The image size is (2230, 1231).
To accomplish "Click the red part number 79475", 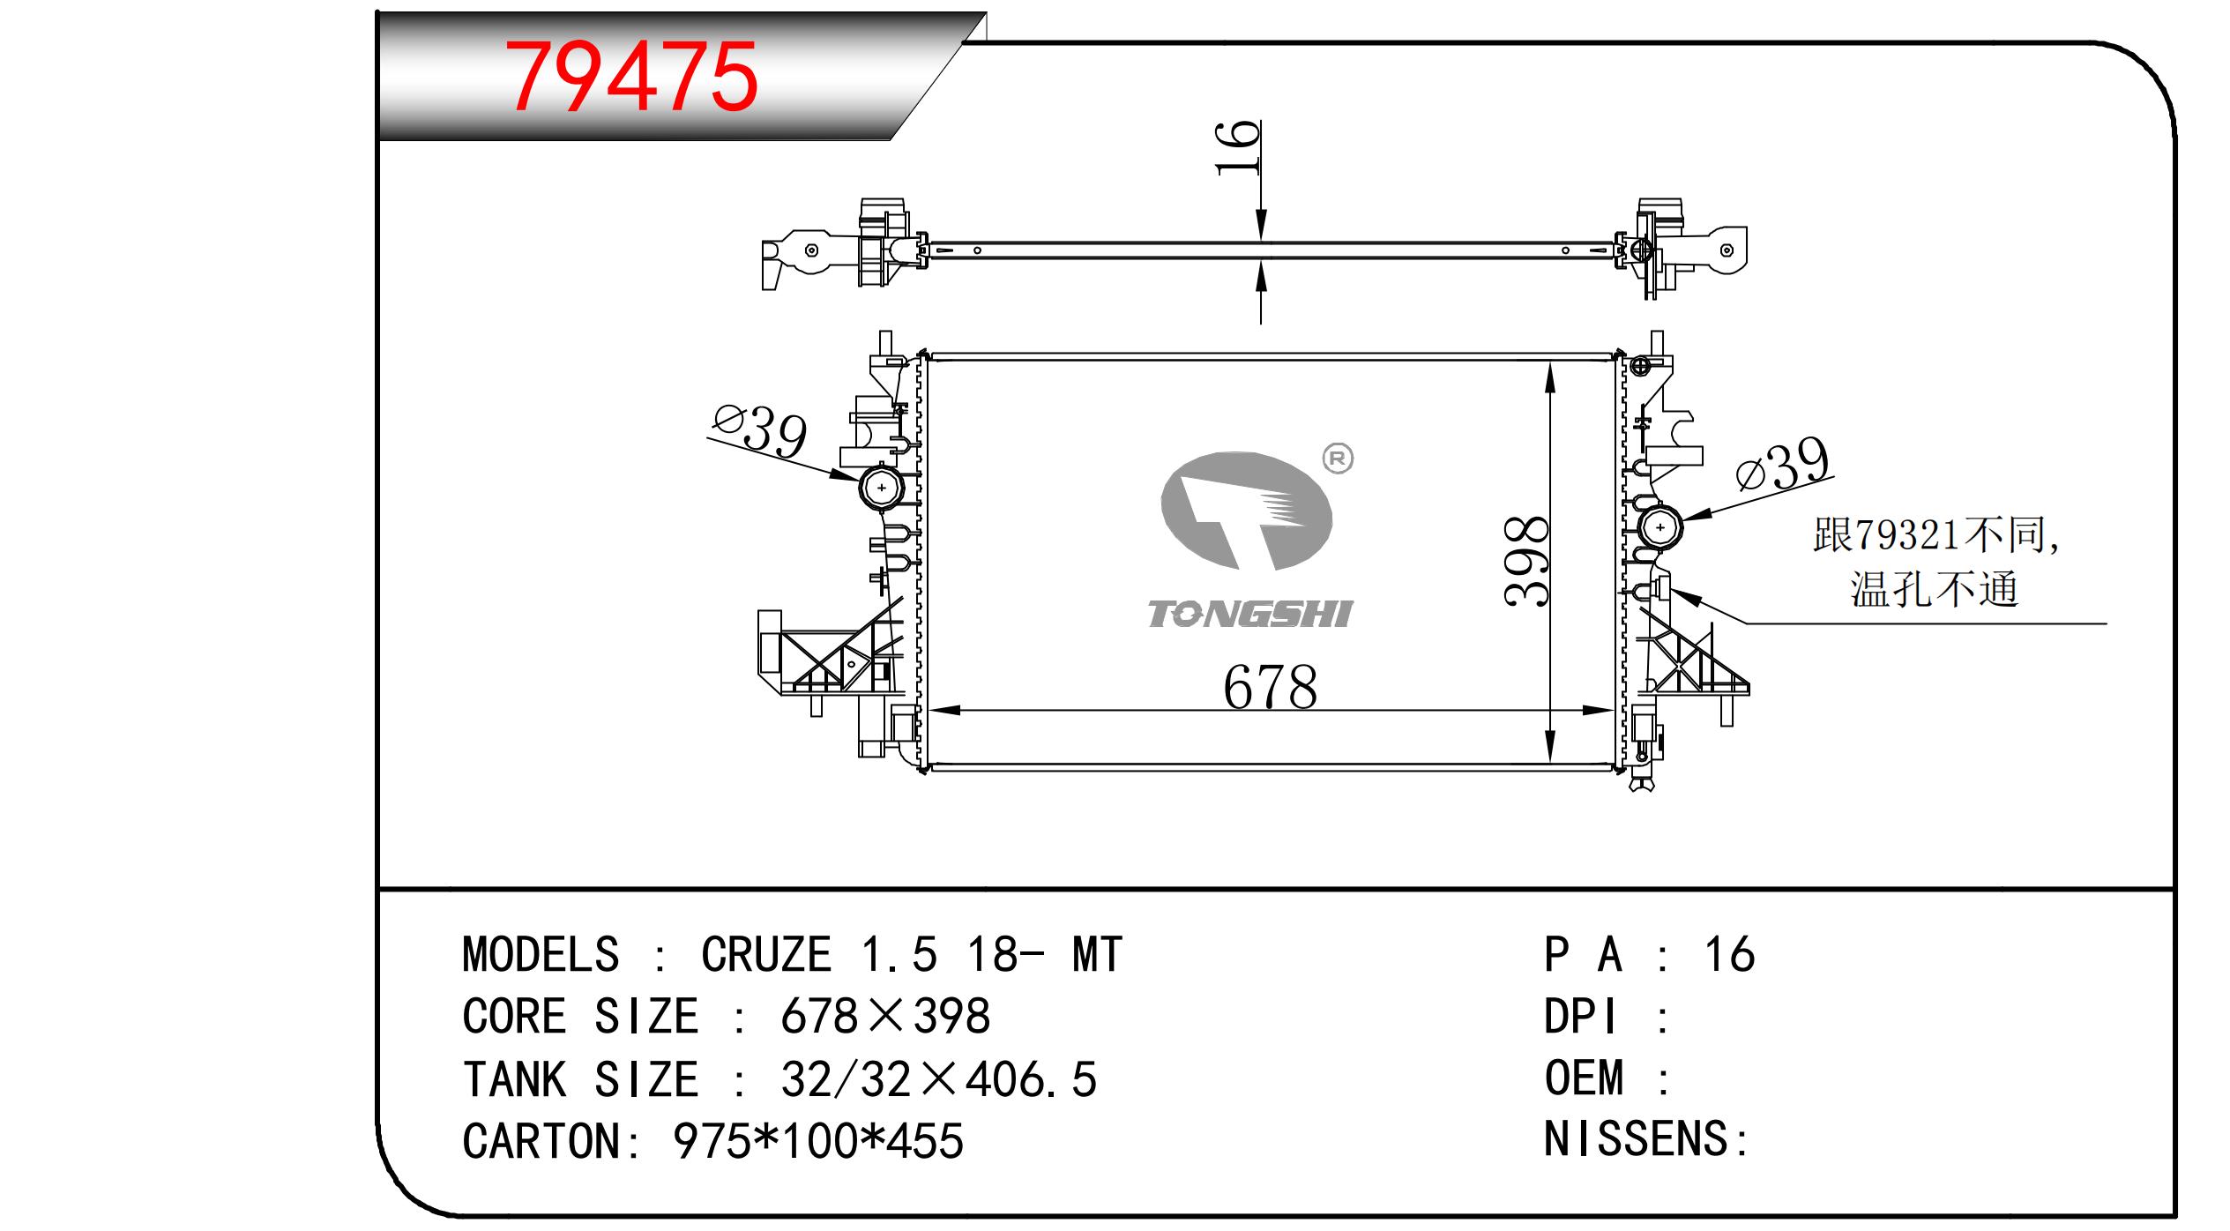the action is tap(634, 78).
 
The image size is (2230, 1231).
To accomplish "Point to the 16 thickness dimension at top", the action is tap(1239, 147).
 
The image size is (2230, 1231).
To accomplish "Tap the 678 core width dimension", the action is tap(1270, 688).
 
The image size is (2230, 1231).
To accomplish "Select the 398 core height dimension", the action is tap(1526, 561).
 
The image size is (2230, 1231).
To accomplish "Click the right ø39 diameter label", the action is tap(1782, 466).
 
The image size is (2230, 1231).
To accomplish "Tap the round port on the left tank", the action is tap(882, 487).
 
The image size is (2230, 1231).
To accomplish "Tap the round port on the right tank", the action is tap(1660, 527).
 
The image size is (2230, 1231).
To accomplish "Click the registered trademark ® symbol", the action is tap(1338, 459).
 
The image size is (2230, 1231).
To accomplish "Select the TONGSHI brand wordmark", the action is tap(1249, 615).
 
